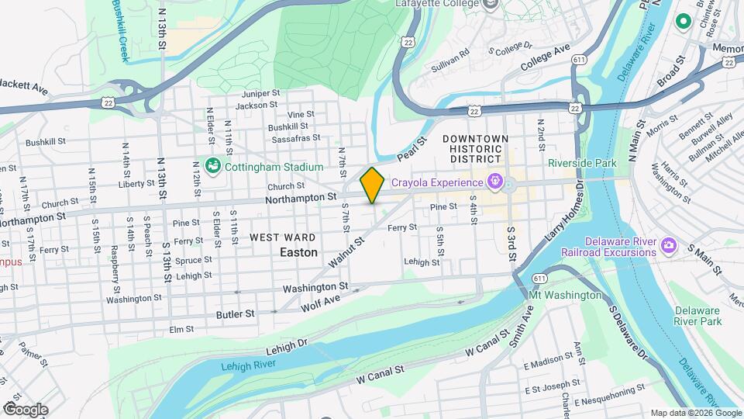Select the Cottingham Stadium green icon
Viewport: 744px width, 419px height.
(x=212, y=165)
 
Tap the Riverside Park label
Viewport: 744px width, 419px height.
(x=582, y=163)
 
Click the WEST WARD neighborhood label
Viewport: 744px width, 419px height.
(x=282, y=237)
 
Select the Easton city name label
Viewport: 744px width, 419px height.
(x=298, y=252)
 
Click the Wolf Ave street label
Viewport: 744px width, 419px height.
(x=321, y=301)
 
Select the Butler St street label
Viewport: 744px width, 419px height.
(x=239, y=313)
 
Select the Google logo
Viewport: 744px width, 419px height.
(x=26, y=409)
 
